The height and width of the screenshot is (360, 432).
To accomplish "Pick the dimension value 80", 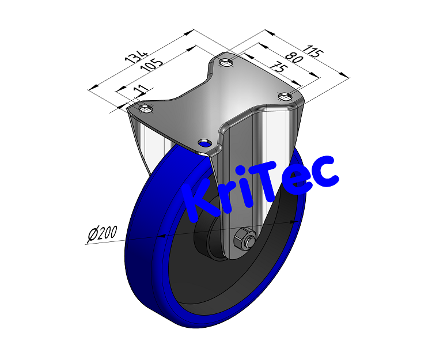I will pyautogui.click(x=294, y=58).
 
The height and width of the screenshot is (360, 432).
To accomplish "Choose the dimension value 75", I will pyautogui.click(x=278, y=67).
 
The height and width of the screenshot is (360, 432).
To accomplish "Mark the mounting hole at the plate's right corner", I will pyautogui.click(x=285, y=96).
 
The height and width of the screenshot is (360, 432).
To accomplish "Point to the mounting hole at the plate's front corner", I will pyautogui.click(x=203, y=142).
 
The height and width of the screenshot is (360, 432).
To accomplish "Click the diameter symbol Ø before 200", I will pyautogui.click(x=93, y=236).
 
